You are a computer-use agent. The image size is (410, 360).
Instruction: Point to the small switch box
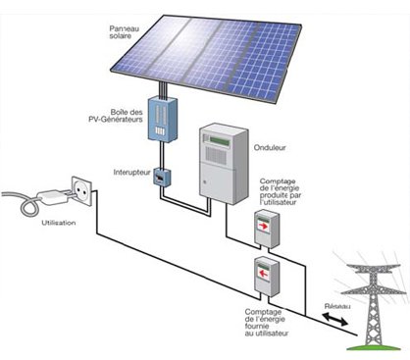[162, 177]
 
